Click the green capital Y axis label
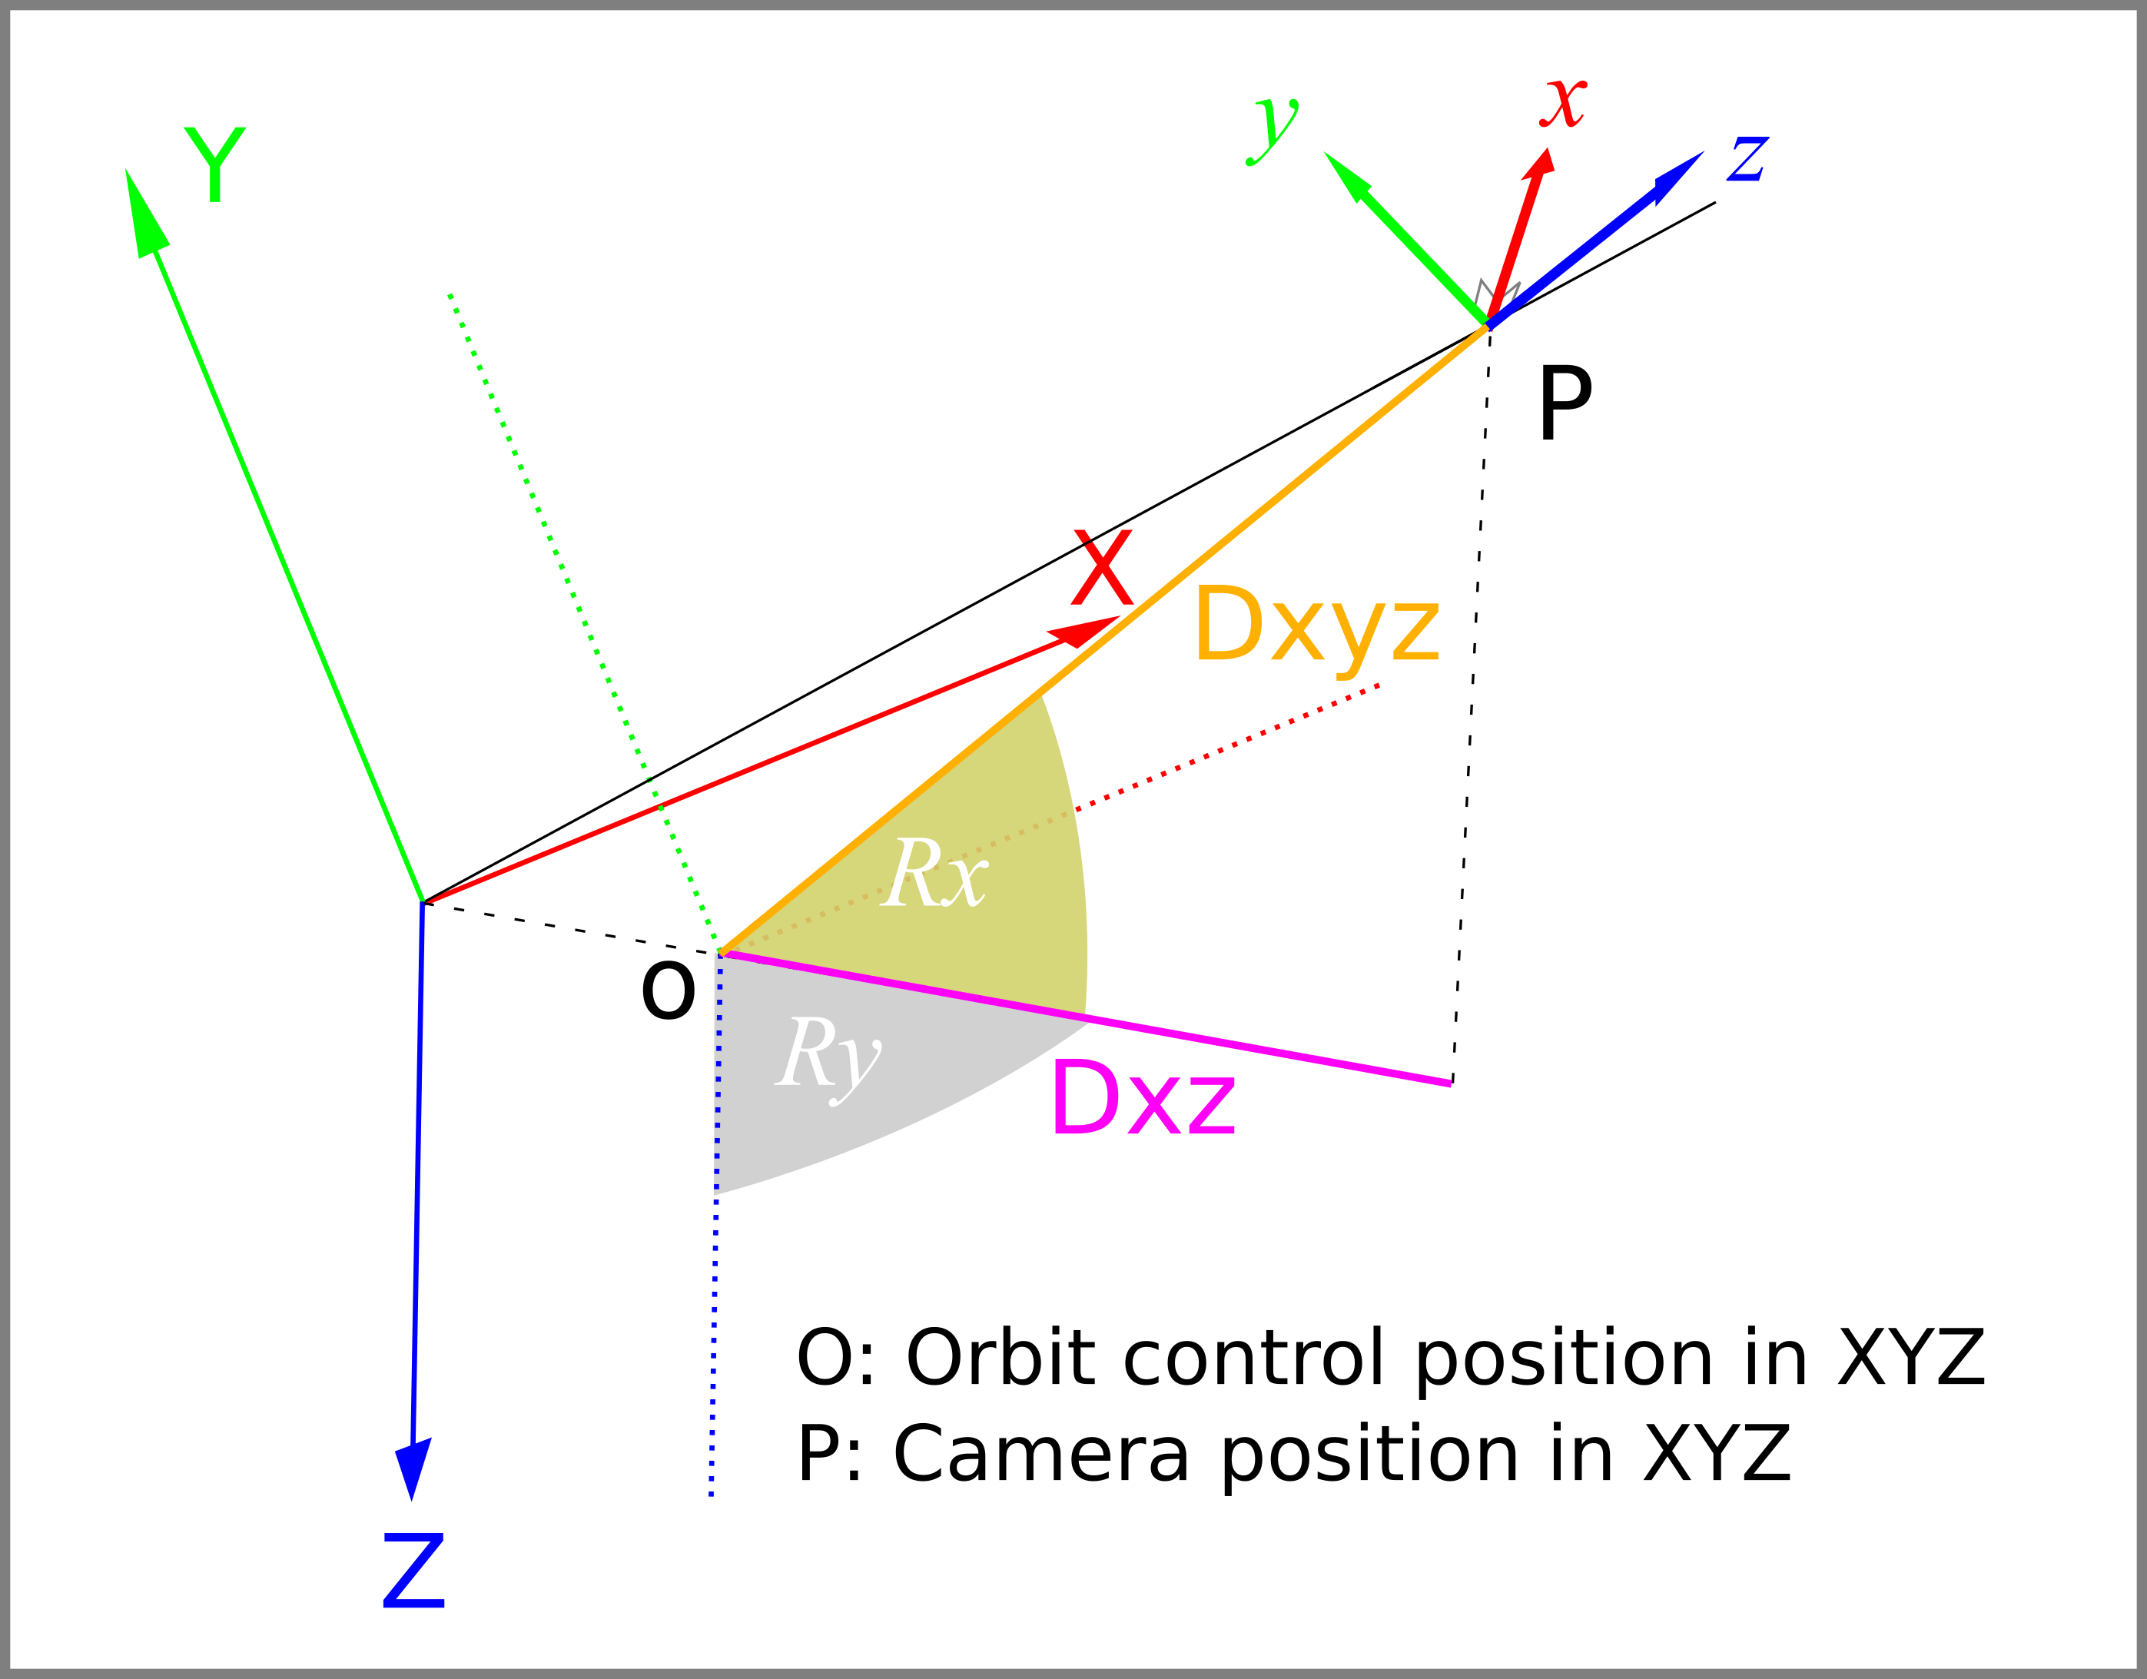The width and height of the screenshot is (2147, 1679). pos(214,164)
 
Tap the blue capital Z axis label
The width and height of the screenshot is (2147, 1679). pos(414,1570)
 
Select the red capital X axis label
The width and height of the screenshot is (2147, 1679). pos(1102,567)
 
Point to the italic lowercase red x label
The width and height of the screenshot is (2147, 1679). pos(1563,103)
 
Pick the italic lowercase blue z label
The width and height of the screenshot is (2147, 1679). pos(1748,158)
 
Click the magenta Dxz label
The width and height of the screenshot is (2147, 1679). pos(1143,1097)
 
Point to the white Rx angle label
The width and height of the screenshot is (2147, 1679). pos(934,873)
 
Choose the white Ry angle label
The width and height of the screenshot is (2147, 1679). pos(828,1060)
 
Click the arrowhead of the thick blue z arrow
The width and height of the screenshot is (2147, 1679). pos(1678,177)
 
